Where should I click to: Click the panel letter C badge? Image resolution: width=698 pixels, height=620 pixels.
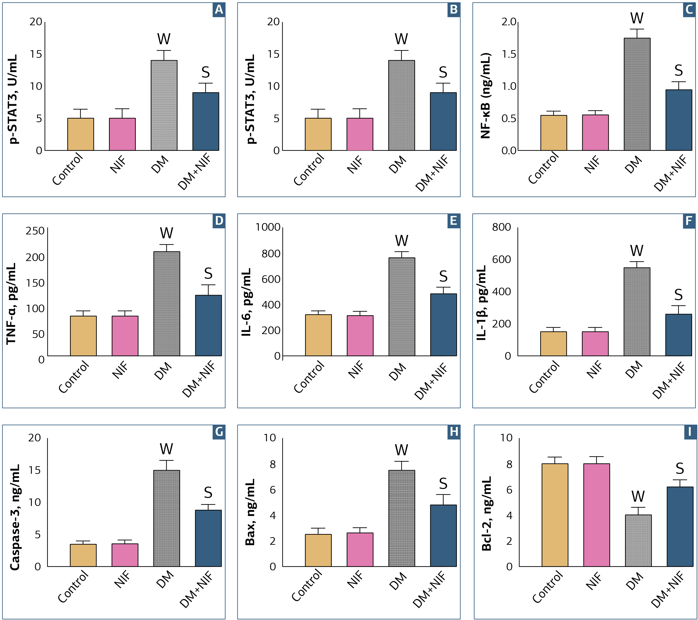point(690,9)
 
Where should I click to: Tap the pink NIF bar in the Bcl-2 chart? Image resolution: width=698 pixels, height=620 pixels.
point(597,515)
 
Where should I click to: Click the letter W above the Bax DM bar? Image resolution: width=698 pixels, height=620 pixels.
point(402,450)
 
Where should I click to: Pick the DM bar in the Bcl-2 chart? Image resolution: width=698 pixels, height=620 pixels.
point(638,541)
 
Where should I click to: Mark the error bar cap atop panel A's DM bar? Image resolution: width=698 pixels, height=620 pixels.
point(164,51)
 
